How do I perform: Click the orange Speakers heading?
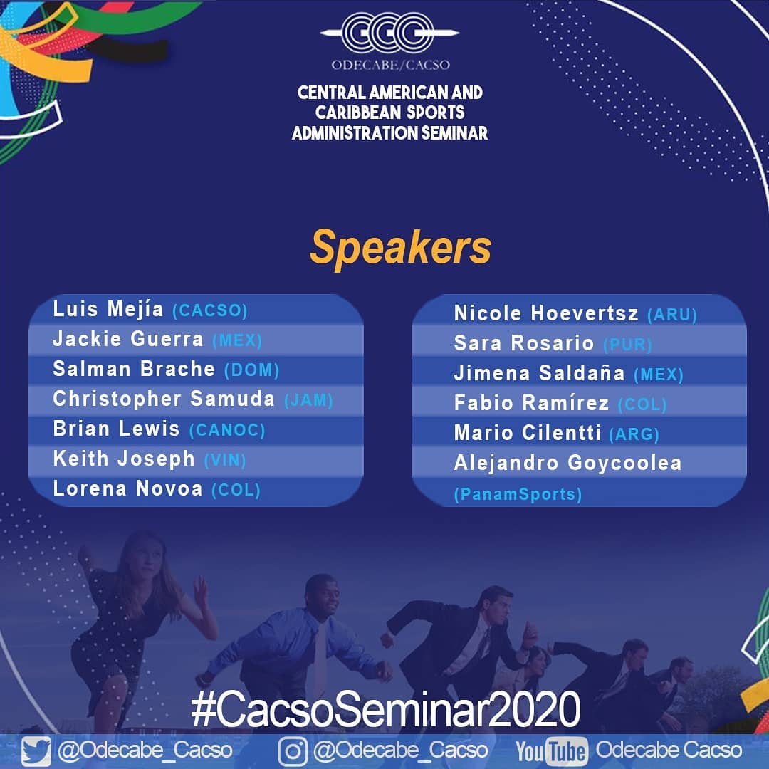pos(401,249)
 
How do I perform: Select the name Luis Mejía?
pos(108,310)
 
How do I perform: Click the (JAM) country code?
pos(308,400)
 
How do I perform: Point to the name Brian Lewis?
pos(116,429)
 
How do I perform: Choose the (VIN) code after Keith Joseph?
pos(224,460)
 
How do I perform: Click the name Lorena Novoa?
pos(127,488)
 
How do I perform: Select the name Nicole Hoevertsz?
pos(546,313)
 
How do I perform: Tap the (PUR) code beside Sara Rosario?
pos(627,345)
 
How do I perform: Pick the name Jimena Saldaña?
pos(540,373)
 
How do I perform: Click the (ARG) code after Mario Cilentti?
pos(634,434)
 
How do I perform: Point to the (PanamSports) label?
pos(518,494)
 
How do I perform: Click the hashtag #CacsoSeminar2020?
pos(385,709)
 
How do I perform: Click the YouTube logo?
pos(553,751)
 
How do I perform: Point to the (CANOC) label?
pos(227,430)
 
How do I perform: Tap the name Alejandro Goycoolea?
pos(568,464)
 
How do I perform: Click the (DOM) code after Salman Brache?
pos(251,370)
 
